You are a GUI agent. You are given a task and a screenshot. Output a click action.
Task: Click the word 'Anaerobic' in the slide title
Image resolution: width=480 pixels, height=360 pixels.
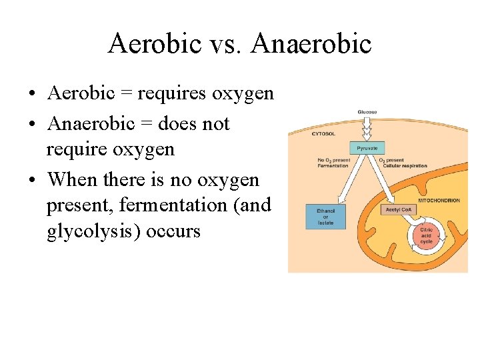pyautogui.click(x=312, y=44)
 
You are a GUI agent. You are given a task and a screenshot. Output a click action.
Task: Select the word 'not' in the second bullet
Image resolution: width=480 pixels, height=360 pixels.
pyautogui.click(x=215, y=124)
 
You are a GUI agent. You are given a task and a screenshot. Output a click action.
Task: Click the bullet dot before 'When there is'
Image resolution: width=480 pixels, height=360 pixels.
pyautogui.click(x=33, y=180)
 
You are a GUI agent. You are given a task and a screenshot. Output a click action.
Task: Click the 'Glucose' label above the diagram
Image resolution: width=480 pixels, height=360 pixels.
pyautogui.click(x=367, y=112)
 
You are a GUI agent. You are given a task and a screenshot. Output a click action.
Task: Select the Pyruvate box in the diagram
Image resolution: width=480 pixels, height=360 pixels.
pyautogui.click(x=367, y=148)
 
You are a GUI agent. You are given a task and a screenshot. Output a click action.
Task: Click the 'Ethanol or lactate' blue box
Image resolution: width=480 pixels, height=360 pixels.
pyautogui.click(x=325, y=217)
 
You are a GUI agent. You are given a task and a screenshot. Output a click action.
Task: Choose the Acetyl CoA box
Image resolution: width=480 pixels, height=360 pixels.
pyautogui.click(x=399, y=209)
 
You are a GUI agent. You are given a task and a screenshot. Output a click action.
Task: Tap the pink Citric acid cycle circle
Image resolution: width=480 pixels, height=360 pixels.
pyautogui.click(x=426, y=236)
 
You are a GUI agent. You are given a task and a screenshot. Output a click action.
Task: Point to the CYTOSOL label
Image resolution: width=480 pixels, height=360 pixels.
pyautogui.click(x=324, y=133)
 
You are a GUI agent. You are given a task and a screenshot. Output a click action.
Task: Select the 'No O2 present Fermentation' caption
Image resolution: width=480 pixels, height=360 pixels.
pyautogui.click(x=333, y=163)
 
